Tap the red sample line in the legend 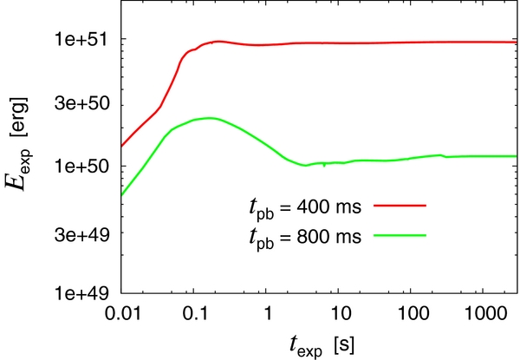(400, 206)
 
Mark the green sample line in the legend (400, 233)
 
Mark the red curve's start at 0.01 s (122, 147)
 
